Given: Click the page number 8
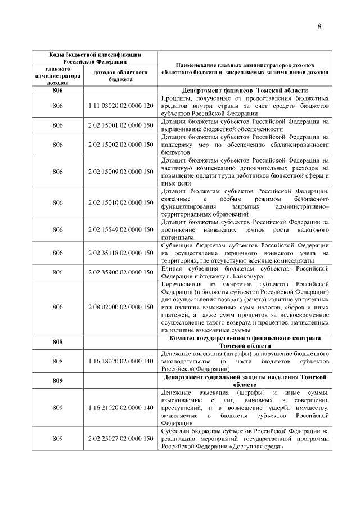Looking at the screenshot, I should point(319,26).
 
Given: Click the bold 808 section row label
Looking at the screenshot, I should point(57,341).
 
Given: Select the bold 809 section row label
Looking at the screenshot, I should point(57,380).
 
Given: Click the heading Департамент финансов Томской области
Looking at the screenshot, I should point(245,91).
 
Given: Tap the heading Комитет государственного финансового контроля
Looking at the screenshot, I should point(245,338).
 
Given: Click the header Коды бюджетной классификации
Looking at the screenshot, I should point(93,55).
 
